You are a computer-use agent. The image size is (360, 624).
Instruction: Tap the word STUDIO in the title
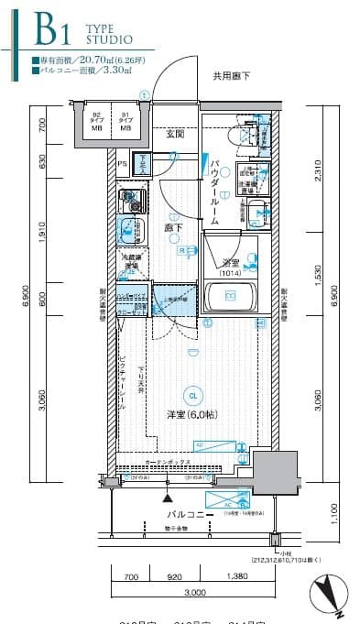(x=109, y=41)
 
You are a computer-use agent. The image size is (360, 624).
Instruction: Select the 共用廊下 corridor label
(x=233, y=76)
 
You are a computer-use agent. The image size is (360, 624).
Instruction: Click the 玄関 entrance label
(x=176, y=134)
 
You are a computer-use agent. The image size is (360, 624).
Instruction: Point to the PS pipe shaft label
(x=123, y=163)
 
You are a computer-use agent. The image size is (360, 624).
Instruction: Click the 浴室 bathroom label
(x=230, y=263)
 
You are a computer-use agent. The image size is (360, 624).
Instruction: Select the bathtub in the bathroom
(x=231, y=296)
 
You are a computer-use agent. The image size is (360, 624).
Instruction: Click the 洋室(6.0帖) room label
(x=191, y=413)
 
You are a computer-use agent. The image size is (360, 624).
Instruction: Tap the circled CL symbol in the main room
(x=191, y=396)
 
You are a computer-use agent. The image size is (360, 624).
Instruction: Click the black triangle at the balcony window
(x=167, y=498)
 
